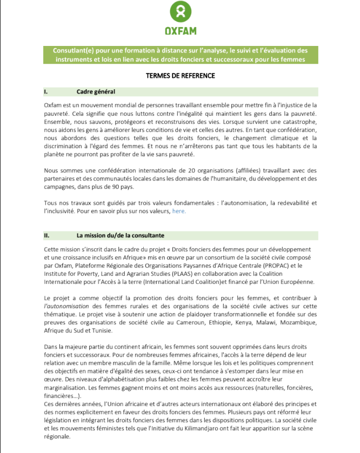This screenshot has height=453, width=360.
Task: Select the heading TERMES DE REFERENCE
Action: [180, 76]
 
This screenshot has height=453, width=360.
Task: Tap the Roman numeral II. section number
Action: [47, 236]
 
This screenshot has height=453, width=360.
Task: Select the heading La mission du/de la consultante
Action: [121, 236]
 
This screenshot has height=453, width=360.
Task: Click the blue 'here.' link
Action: [179, 211]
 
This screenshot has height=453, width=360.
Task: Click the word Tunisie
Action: [102, 330]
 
